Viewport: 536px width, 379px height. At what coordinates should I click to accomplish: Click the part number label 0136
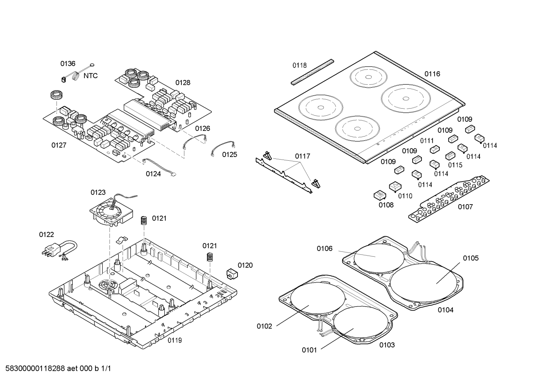(x=68, y=64)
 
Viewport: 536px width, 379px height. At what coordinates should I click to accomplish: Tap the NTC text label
(x=90, y=76)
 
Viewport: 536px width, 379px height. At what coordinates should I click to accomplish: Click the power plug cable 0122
(x=59, y=249)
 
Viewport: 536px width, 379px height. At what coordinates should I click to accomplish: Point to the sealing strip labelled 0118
(x=312, y=71)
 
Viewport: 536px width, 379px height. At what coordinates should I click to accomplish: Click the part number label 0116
(x=432, y=74)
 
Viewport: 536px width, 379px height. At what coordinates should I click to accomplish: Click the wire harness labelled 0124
(x=158, y=166)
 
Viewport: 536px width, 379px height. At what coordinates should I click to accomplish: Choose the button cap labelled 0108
(x=379, y=195)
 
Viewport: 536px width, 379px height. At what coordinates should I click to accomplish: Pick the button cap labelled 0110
(x=395, y=186)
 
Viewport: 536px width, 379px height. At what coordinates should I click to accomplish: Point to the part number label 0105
(x=471, y=258)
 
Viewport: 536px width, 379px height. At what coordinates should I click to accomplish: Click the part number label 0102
(x=264, y=327)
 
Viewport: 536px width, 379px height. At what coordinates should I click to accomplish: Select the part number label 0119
(x=174, y=340)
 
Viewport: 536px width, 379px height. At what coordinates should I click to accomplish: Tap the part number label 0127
(x=59, y=145)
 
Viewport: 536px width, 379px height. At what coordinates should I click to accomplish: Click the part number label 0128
(x=183, y=83)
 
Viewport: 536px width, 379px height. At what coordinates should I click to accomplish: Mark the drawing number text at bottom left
(x=56, y=369)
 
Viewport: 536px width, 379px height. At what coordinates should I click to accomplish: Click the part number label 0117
(x=303, y=156)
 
